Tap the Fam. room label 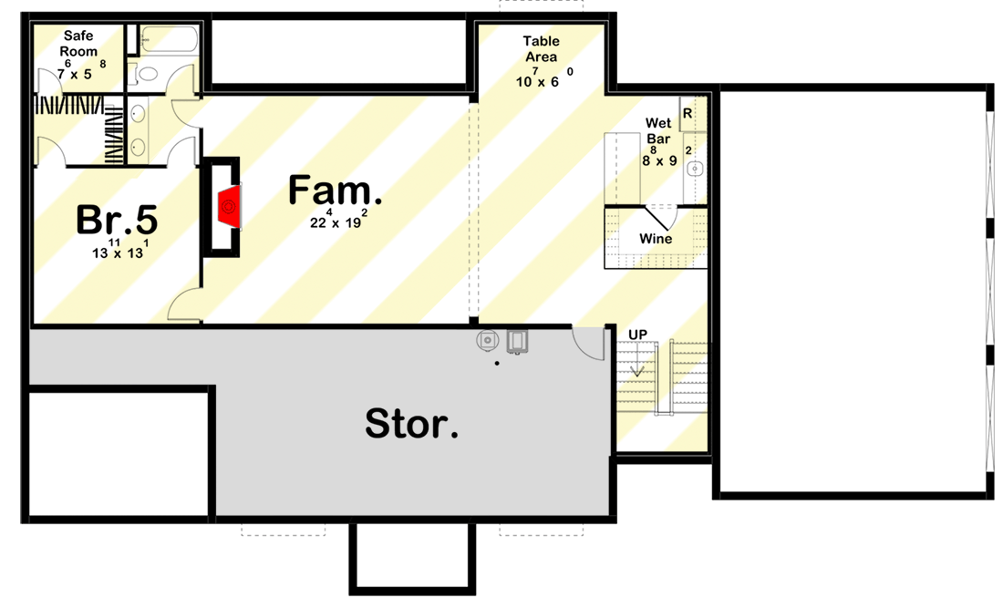(x=335, y=191)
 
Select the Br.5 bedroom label (x=117, y=220)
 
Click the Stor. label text (x=412, y=424)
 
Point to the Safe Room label (x=79, y=44)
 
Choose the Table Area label (x=541, y=49)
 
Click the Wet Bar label (x=658, y=130)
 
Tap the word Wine (x=656, y=239)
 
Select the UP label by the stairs (x=637, y=335)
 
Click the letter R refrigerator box (x=688, y=113)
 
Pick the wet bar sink (x=695, y=168)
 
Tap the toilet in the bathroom (x=146, y=74)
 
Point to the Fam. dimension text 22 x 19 (x=336, y=220)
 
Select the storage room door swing (x=588, y=344)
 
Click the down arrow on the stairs (x=637, y=370)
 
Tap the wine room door (x=660, y=217)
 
